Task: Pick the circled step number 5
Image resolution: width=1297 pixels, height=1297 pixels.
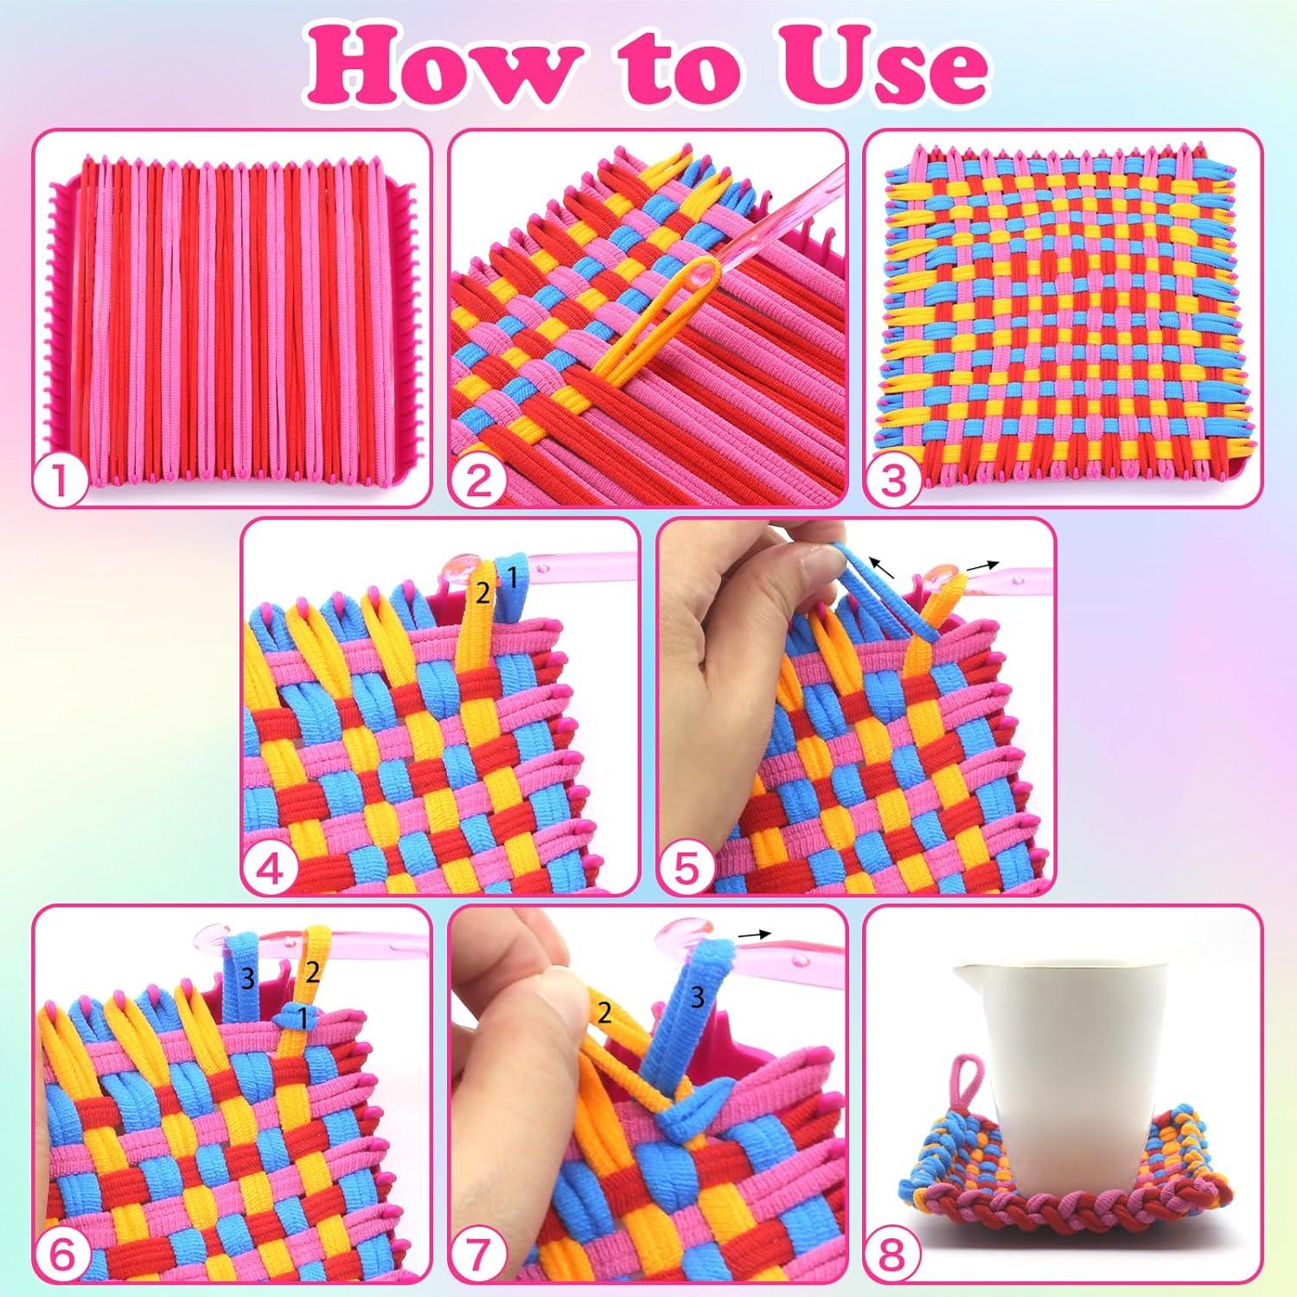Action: point(686,869)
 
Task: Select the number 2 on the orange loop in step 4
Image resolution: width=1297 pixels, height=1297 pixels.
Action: point(482,593)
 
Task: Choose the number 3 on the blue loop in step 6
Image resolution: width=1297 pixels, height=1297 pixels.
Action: point(247,979)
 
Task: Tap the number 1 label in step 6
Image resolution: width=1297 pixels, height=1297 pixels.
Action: point(302,1019)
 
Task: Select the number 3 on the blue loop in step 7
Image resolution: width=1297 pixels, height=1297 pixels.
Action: point(698,998)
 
